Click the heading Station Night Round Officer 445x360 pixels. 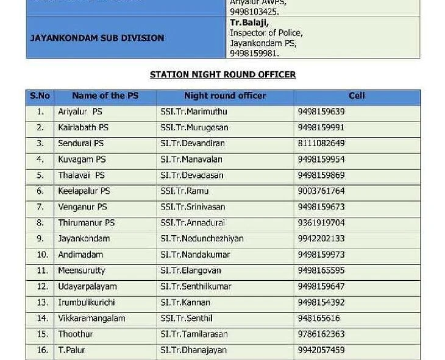pyautogui.click(x=222, y=74)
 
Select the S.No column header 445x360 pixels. pyautogui.click(x=40, y=96)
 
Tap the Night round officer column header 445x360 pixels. pyautogui.click(x=225, y=96)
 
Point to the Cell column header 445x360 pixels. pyautogui.click(x=357, y=96)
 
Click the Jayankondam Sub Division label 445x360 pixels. pyautogui.click(x=97, y=38)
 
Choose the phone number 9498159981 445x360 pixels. pyautogui.click(x=254, y=54)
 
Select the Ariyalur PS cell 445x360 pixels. pyautogui.click(x=80, y=111)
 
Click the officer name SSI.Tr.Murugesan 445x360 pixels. pyautogui.click(x=194, y=127)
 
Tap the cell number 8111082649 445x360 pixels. pyautogui.click(x=321, y=143)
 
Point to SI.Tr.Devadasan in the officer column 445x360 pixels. pyautogui.click(x=192, y=175)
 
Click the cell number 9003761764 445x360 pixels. pyautogui.click(x=321, y=191)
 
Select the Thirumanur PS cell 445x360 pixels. pyautogui.click(x=86, y=223)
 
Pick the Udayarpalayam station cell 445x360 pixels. pyautogui.click(x=87, y=286)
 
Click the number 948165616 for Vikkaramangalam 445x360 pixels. pyautogui.click(x=319, y=318)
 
